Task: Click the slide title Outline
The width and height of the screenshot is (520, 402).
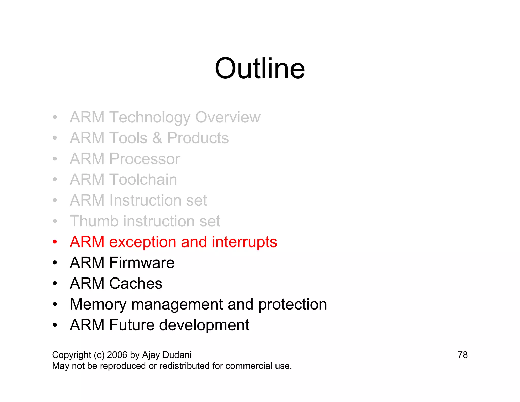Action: [x=259, y=69]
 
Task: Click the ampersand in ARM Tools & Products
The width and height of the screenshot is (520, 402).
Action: [x=157, y=138]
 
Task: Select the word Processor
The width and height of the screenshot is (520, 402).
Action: [x=144, y=159]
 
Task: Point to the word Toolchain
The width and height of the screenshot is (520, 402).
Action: [x=143, y=179]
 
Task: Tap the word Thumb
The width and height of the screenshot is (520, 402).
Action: [x=94, y=221]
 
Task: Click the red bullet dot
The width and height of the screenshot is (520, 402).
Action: [x=55, y=242]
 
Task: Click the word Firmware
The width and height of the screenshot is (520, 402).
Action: [x=142, y=262]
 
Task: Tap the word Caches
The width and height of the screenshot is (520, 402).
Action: [x=136, y=283]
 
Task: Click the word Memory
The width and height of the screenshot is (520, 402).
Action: [x=98, y=304]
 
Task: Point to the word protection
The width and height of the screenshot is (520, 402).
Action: [x=292, y=304]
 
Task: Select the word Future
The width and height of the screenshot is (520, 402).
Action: [x=132, y=325]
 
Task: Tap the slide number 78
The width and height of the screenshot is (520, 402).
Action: [x=462, y=355]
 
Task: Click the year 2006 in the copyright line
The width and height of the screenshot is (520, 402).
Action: [x=117, y=355]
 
